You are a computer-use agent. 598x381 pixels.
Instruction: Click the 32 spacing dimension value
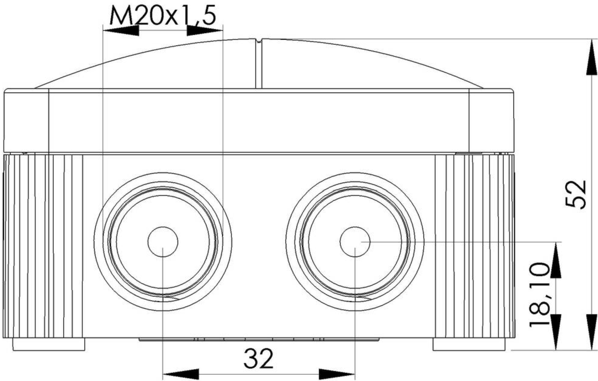(x=258, y=358)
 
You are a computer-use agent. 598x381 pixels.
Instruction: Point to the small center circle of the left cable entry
(x=163, y=242)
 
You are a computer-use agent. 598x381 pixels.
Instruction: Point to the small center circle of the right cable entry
(x=355, y=242)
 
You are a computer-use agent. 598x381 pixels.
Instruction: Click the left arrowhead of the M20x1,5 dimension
(x=121, y=30)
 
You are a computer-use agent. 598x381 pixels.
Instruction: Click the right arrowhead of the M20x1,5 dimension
(x=204, y=30)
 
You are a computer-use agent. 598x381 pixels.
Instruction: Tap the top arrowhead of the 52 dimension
(x=592, y=57)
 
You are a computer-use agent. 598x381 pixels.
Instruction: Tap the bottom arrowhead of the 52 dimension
(x=592, y=332)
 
